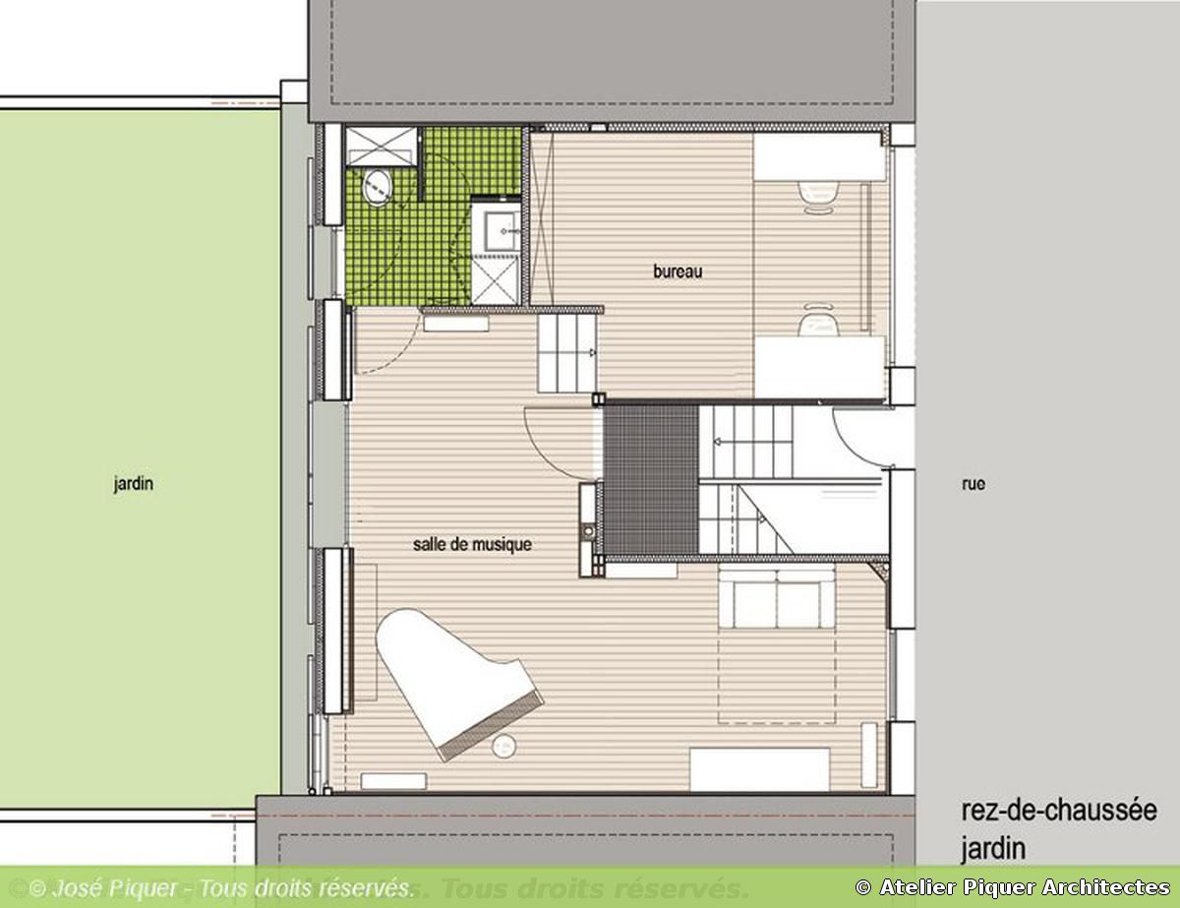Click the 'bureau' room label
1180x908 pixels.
(x=678, y=271)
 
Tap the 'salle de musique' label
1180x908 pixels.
(x=472, y=544)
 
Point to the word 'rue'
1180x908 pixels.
(x=973, y=483)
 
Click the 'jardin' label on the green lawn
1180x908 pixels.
(x=133, y=483)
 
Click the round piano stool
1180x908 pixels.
(x=503, y=746)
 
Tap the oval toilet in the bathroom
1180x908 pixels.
(x=377, y=187)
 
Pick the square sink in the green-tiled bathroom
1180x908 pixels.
(x=500, y=230)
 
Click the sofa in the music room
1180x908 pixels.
(x=777, y=596)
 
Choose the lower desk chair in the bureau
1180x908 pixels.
(x=818, y=320)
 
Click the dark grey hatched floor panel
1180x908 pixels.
(x=651, y=479)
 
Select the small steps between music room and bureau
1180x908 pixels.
(x=566, y=353)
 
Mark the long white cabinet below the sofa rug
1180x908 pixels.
(x=759, y=770)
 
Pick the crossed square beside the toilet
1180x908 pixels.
(x=381, y=146)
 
